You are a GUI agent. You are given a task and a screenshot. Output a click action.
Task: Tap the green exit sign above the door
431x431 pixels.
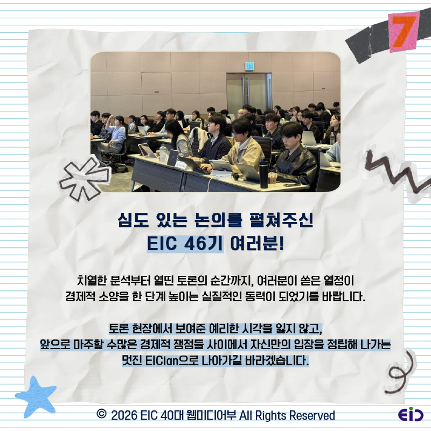coord(249,67)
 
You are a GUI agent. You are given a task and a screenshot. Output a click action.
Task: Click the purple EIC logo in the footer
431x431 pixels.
coord(411,415)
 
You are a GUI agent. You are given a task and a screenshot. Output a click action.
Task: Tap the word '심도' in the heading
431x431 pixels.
coord(131,220)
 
